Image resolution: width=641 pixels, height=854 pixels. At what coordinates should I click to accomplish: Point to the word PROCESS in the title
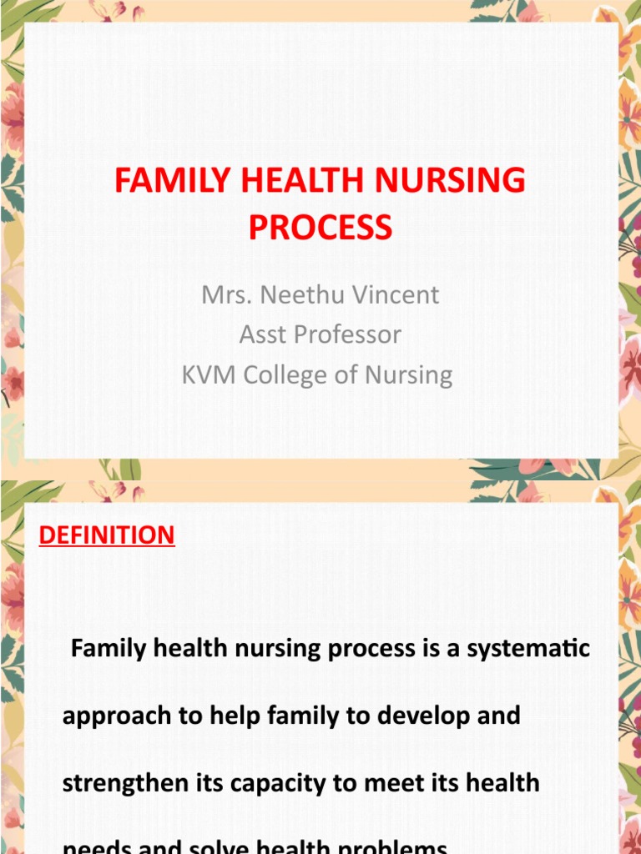(x=320, y=227)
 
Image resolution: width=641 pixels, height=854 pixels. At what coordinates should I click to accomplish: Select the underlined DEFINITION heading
(x=107, y=535)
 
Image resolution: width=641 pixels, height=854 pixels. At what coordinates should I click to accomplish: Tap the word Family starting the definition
(x=102, y=648)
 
